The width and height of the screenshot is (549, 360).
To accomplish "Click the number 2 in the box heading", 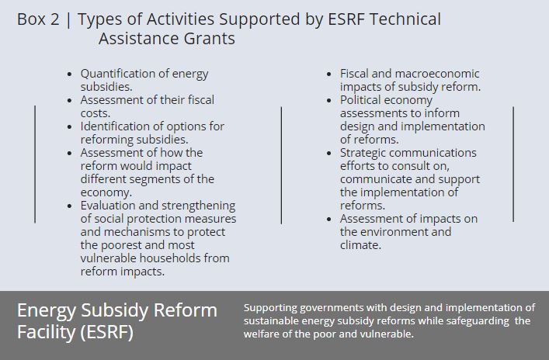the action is tap(54, 19).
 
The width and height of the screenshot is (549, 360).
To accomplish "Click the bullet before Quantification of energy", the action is tap(69, 74).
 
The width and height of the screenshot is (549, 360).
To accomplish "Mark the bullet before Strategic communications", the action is tap(328, 154).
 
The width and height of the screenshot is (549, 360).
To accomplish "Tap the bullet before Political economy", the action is tap(328, 100).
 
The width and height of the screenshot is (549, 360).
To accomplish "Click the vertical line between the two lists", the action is tap(281, 165).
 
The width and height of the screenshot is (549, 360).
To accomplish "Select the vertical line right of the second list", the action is tap(513, 164).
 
